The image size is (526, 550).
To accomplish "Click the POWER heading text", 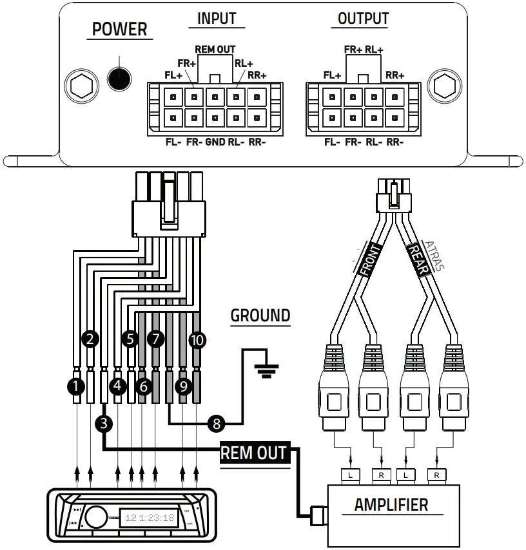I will click(119, 29).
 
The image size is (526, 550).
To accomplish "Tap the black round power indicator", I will click(119, 78).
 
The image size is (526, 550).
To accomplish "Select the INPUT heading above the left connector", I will click(217, 18).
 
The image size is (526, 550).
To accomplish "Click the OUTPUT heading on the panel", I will click(363, 18).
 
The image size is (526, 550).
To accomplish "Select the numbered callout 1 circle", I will click(75, 386).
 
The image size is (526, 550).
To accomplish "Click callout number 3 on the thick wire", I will click(104, 423).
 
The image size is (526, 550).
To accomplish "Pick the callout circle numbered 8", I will click(217, 423).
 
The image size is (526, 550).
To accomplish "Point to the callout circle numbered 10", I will click(197, 339).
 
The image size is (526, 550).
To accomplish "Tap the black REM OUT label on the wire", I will click(253, 452).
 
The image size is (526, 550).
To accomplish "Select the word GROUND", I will click(260, 316).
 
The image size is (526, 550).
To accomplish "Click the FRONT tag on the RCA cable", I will click(371, 260).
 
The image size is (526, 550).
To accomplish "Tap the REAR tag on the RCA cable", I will click(418, 260).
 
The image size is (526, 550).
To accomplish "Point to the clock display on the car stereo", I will click(150, 517).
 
